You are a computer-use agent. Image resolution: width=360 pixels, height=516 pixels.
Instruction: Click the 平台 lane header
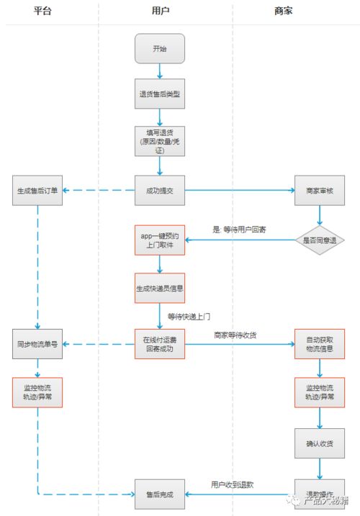(42, 12)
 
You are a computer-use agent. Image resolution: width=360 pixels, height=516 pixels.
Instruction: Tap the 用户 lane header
(160, 12)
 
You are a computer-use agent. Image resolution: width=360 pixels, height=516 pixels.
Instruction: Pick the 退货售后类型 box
(160, 94)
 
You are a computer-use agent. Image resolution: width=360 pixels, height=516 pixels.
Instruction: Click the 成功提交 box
(160, 191)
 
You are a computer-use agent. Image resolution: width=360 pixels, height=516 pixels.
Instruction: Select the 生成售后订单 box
(37, 191)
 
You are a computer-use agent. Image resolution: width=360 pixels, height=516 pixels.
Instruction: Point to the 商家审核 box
(319, 191)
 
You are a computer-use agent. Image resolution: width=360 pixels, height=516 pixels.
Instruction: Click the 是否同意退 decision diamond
(320, 240)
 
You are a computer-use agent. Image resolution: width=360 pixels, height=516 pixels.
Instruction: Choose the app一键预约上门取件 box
(160, 240)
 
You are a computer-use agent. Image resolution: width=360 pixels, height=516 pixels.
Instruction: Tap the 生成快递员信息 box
(160, 288)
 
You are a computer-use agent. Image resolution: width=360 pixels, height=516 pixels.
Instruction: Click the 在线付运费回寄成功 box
(160, 343)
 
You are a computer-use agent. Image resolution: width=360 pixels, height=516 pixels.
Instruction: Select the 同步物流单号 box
(37, 343)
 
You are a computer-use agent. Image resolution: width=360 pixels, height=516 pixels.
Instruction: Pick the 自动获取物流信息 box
(319, 343)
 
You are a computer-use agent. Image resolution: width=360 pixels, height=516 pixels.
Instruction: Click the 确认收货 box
(319, 443)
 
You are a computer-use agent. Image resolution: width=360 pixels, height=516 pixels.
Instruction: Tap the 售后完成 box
(160, 494)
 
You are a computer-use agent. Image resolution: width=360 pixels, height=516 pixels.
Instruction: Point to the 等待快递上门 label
(189, 316)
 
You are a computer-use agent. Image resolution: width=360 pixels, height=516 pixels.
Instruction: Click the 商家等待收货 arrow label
(235, 335)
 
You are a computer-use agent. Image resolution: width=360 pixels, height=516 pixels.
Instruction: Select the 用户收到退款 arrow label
(233, 485)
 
